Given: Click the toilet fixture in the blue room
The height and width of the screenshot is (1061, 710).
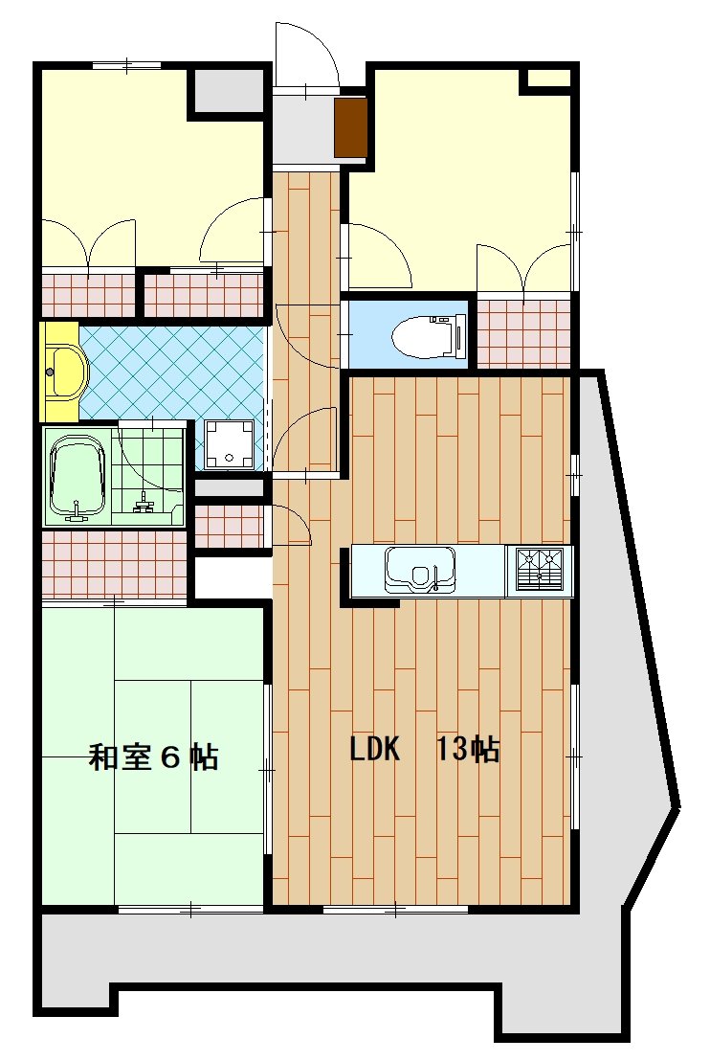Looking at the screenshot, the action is (x=430, y=334).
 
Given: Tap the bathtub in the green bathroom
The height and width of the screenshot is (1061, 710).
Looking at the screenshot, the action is (x=78, y=476).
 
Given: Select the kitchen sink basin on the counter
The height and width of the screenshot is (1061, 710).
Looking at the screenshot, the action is (x=419, y=570).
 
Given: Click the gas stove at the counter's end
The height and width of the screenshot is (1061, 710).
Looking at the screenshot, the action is (x=539, y=571).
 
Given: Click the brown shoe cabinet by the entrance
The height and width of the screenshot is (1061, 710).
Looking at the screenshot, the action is (x=351, y=127).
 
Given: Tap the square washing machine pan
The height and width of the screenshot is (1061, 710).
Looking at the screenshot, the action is (x=230, y=444).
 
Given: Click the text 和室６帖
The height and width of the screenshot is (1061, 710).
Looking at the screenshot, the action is (x=153, y=757).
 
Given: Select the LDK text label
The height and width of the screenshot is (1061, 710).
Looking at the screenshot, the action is (x=375, y=749).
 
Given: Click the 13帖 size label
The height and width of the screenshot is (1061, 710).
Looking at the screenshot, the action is (x=468, y=749).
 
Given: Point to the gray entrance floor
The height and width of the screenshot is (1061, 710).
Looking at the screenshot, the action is (x=303, y=127).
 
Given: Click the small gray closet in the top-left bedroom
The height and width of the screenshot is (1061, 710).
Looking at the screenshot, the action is (x=230, y=91).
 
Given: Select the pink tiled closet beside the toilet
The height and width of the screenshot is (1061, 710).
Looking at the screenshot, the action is (x=524, y=330).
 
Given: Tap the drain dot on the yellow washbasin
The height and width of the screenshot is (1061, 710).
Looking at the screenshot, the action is (x=50, y=371).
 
